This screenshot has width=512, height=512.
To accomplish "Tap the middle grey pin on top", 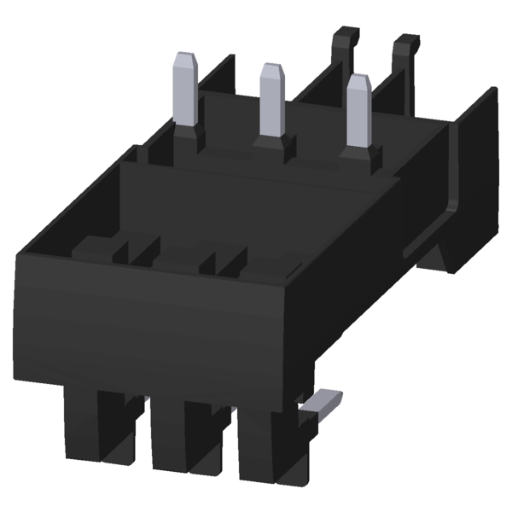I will (271, 101).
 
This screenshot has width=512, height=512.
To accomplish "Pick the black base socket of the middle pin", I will (271, 145).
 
